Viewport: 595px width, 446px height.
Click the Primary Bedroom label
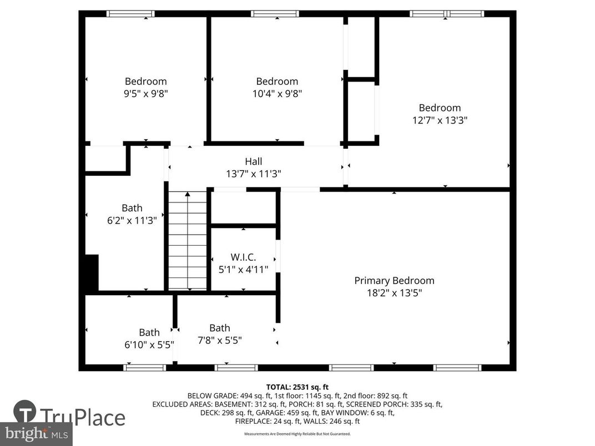[x=394, y=281]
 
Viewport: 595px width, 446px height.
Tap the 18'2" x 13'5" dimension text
[x=394, y=293]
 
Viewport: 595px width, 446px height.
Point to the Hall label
[x=254, y=161]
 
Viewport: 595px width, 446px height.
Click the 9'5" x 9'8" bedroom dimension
[x=145, y=94]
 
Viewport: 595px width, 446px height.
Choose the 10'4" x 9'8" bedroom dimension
[x=277, y=94]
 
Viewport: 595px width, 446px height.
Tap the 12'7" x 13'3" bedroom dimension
[x=440, y=120]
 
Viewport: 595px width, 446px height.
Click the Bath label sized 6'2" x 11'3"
[x=132, y=208]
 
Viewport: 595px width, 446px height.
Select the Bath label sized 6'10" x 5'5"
[x=149, y=332]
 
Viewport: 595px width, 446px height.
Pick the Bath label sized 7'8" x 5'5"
[x=220, y=328]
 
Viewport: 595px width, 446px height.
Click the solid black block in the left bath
[x=91, y=272]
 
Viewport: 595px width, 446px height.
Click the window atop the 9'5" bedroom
[x=130, y=14]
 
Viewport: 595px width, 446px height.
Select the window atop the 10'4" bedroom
[x=275, y=14]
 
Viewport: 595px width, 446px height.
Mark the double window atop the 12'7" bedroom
[x=447, y=14]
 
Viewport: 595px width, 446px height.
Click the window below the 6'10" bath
[x=144, y=367]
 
